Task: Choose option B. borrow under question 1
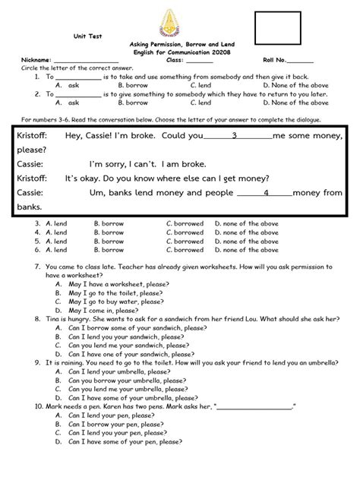(x=133, y=85)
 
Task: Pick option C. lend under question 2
(x=201, y=102)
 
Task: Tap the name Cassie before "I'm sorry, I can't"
(x=29, y=163)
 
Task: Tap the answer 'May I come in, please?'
(x=102, y=310)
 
